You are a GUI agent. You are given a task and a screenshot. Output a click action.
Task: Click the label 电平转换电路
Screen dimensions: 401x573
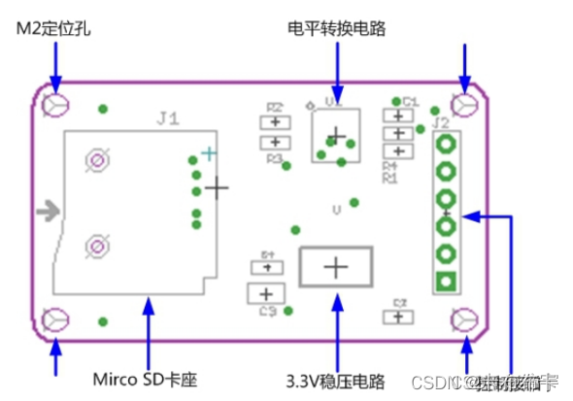click(x=337, y=29)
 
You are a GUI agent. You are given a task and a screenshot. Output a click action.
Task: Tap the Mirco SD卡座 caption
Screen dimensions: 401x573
click(x=145, y=377)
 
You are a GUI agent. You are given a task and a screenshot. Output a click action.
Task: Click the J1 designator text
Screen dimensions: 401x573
click(x=167, y=119)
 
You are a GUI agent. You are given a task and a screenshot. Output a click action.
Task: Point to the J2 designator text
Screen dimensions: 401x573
click(x=441, y=122)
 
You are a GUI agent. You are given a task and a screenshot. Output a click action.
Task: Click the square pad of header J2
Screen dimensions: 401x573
click(x=447, y=283)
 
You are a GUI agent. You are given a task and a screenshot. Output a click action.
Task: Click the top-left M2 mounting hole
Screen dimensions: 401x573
click(x=56, y=104)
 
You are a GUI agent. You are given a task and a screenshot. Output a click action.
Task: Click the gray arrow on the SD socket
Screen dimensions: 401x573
click(x=46, y=210)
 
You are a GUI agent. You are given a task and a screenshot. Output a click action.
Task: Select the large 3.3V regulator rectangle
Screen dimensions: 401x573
click(x=335, y=267)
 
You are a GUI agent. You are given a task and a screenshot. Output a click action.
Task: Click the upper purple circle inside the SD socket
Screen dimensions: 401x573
click(x=96, y=159)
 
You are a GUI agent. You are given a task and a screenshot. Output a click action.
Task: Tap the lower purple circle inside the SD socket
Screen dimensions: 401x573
click(x=96, y=247)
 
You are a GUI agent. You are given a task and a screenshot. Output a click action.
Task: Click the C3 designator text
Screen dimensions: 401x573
click(x=268, y=312)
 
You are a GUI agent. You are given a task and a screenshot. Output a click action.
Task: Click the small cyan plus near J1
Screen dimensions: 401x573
click(x=207, y=152)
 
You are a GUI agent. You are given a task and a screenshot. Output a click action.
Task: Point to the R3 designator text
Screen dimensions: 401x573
click(x=275, y=157)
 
